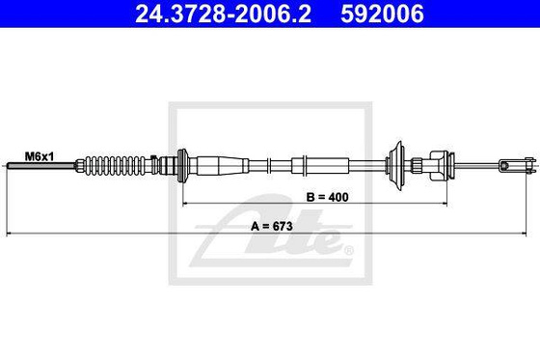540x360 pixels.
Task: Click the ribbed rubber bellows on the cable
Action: [118, 166]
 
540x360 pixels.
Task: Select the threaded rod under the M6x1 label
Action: [39, 167]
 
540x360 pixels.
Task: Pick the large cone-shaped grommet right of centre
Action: [396, 164]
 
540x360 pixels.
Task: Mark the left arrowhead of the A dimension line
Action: [11, 235]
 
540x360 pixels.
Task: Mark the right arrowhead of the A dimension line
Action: [529, 235]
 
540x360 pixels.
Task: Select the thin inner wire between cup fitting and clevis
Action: [477, 166]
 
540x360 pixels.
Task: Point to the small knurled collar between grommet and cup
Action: [417, 165]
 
